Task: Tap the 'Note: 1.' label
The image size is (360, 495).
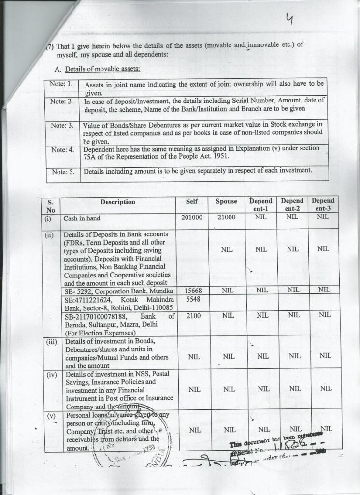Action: (x=61, y=83)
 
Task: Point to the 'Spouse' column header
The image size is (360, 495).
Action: (x=226, y=201)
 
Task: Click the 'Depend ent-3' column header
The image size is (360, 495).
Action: (x=323, y=204)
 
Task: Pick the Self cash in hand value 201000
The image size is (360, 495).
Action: (x=192, y=218)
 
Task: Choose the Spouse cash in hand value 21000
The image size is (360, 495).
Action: (x=226, y=218)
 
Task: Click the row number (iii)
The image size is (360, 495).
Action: (x=52, y=341)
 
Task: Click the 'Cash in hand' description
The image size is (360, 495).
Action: (x=82, y=218)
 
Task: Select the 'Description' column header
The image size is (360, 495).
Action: (x=117, y=202)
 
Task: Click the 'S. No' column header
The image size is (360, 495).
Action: (x=52, y=206)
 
